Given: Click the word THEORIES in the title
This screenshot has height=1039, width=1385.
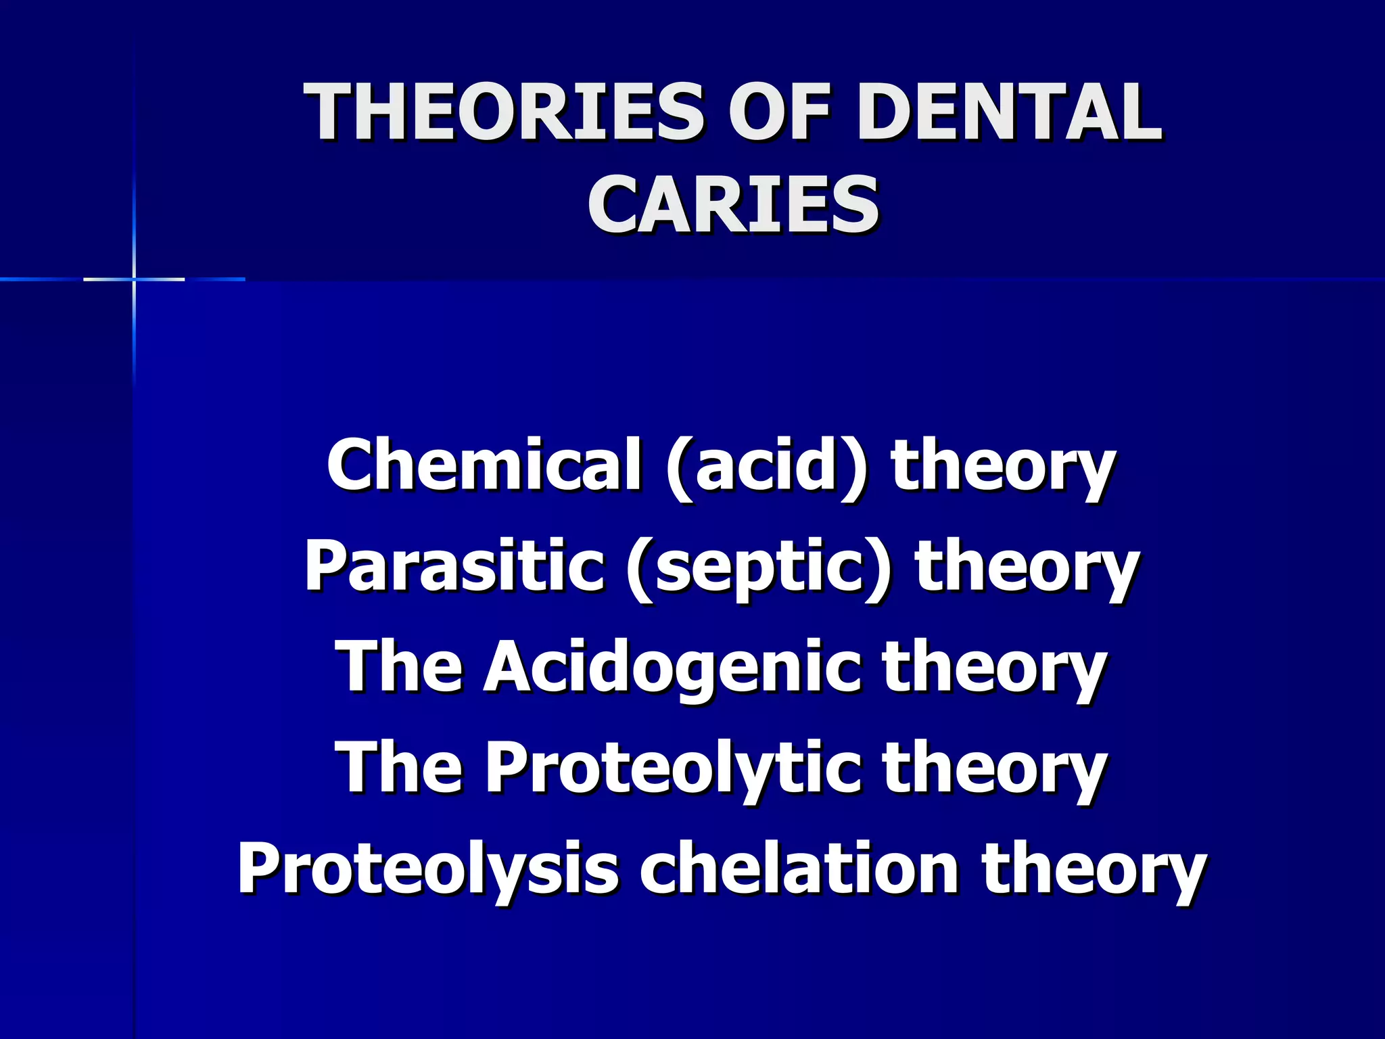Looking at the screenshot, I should (503, 112).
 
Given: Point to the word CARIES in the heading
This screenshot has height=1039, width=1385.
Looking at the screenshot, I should (733, 204).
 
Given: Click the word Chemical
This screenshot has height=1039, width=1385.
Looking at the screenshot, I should (484, 465).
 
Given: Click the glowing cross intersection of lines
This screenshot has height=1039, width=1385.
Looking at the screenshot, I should (134, 279).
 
